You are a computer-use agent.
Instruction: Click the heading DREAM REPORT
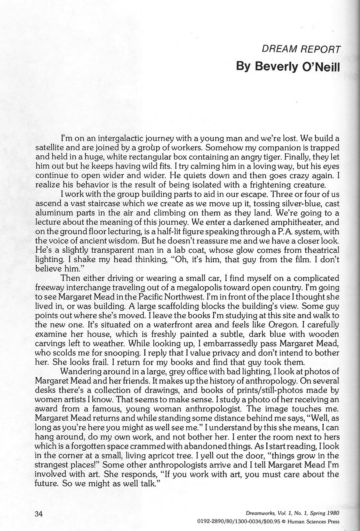point(301,50)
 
